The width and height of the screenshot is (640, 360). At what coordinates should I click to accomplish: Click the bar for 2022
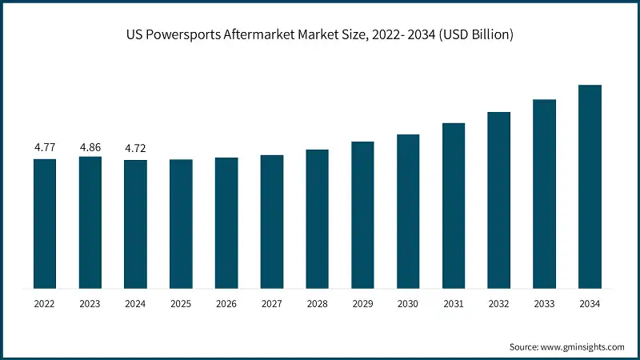point(45,223)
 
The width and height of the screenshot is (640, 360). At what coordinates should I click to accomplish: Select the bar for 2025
point(181,223)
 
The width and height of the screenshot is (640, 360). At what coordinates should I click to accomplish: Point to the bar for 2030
point(408,211)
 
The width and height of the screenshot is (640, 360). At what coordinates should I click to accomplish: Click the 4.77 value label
point(45,148)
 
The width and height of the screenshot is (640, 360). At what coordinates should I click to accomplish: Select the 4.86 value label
point(90,148)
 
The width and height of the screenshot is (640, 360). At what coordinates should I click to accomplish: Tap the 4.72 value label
point(135,148)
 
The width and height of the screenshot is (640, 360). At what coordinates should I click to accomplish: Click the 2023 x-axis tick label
point(90,304)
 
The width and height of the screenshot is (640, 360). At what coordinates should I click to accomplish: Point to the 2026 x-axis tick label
point(226,304)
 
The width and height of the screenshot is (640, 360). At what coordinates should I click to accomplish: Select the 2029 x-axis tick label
point(362,304)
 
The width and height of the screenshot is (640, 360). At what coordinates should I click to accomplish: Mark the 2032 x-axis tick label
point(498,304)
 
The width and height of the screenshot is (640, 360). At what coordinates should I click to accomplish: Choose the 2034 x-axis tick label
point(590,304)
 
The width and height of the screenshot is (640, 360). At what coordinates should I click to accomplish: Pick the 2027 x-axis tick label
point(272,304)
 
